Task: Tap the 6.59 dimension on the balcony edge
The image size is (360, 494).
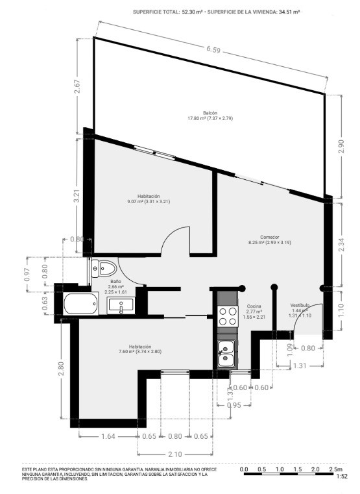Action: (213, 49)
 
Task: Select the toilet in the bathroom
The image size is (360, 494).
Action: (104, 269)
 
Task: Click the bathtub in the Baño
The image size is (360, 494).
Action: (81, 303)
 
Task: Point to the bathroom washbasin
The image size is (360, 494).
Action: (121, 306)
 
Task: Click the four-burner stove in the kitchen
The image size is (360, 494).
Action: (228, 316)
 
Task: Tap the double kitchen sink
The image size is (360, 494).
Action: (226, 354)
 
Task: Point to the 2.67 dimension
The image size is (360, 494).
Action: (77, 86)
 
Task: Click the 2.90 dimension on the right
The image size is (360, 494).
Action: (342, 146)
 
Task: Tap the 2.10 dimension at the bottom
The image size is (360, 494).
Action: (175, 454)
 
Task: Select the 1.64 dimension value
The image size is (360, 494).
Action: (108, 436)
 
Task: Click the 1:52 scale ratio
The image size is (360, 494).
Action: (342, 476)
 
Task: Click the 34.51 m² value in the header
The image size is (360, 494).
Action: (289, 12)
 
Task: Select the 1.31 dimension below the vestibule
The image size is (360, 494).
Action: (300, 365)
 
